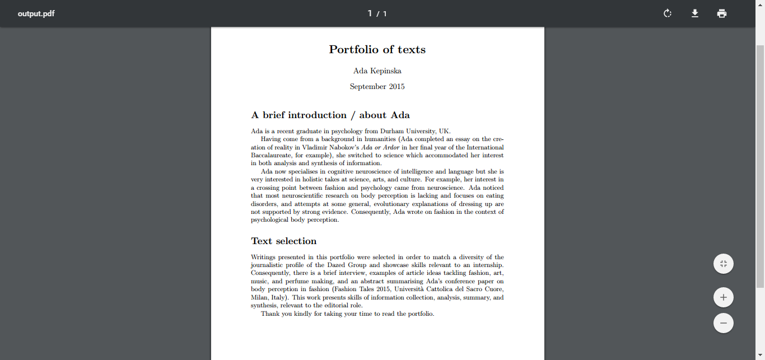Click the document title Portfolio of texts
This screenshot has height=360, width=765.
(x=377, y=50)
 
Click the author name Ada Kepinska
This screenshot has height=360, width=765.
(x=377, y=71)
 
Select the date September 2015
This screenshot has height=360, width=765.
(x=377, y=87)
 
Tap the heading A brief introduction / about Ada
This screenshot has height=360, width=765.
(x=330, y=115)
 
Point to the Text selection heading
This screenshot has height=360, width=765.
(x=283, y=241)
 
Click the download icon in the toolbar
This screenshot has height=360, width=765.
(x=694, y=13)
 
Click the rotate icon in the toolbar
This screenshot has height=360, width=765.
(x=667, y=13)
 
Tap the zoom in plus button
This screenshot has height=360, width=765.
(x=724, y=297)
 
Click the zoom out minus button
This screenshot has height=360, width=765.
(x=724, y=323)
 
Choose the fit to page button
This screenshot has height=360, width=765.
(x=724, y=264)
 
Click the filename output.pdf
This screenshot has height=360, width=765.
(x=36, y=13)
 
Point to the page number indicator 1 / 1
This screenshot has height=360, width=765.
(x=377, y=13)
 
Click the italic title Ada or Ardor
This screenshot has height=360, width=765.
(x=380, y=147)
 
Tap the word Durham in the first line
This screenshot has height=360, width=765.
(x=392, y=131)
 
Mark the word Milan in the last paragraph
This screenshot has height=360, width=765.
(x=259, y=297)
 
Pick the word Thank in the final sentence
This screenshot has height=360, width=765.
(x=270, y=314)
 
